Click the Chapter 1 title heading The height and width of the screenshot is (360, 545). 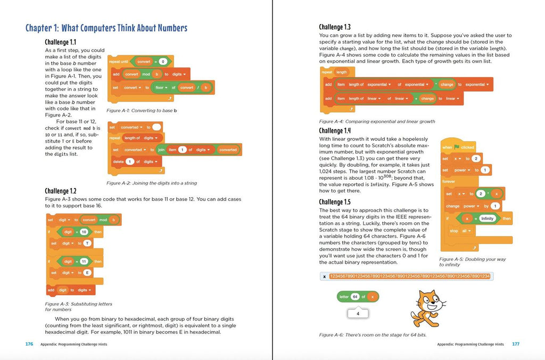tap(106, 28)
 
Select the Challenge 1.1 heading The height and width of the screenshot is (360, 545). tap(60, 42)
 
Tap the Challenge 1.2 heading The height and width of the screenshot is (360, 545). tap(61, 191)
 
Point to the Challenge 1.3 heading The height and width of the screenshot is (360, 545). tap(335, 27)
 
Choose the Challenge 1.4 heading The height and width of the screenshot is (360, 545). tap(335, 131)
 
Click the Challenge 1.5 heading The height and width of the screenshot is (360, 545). tap(335, 202)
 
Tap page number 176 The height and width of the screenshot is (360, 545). tap(29, 344)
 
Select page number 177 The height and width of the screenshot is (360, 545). tap(515, 344)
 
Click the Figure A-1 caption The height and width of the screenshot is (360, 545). tap(142, 111)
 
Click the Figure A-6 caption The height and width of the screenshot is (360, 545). tap(373, 335)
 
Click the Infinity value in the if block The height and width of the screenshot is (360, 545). tap(487, 219)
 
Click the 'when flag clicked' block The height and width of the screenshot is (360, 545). tap(458, 147)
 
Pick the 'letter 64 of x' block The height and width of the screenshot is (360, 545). tap(358, 297)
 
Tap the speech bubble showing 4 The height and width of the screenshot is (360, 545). tap(358, 314)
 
